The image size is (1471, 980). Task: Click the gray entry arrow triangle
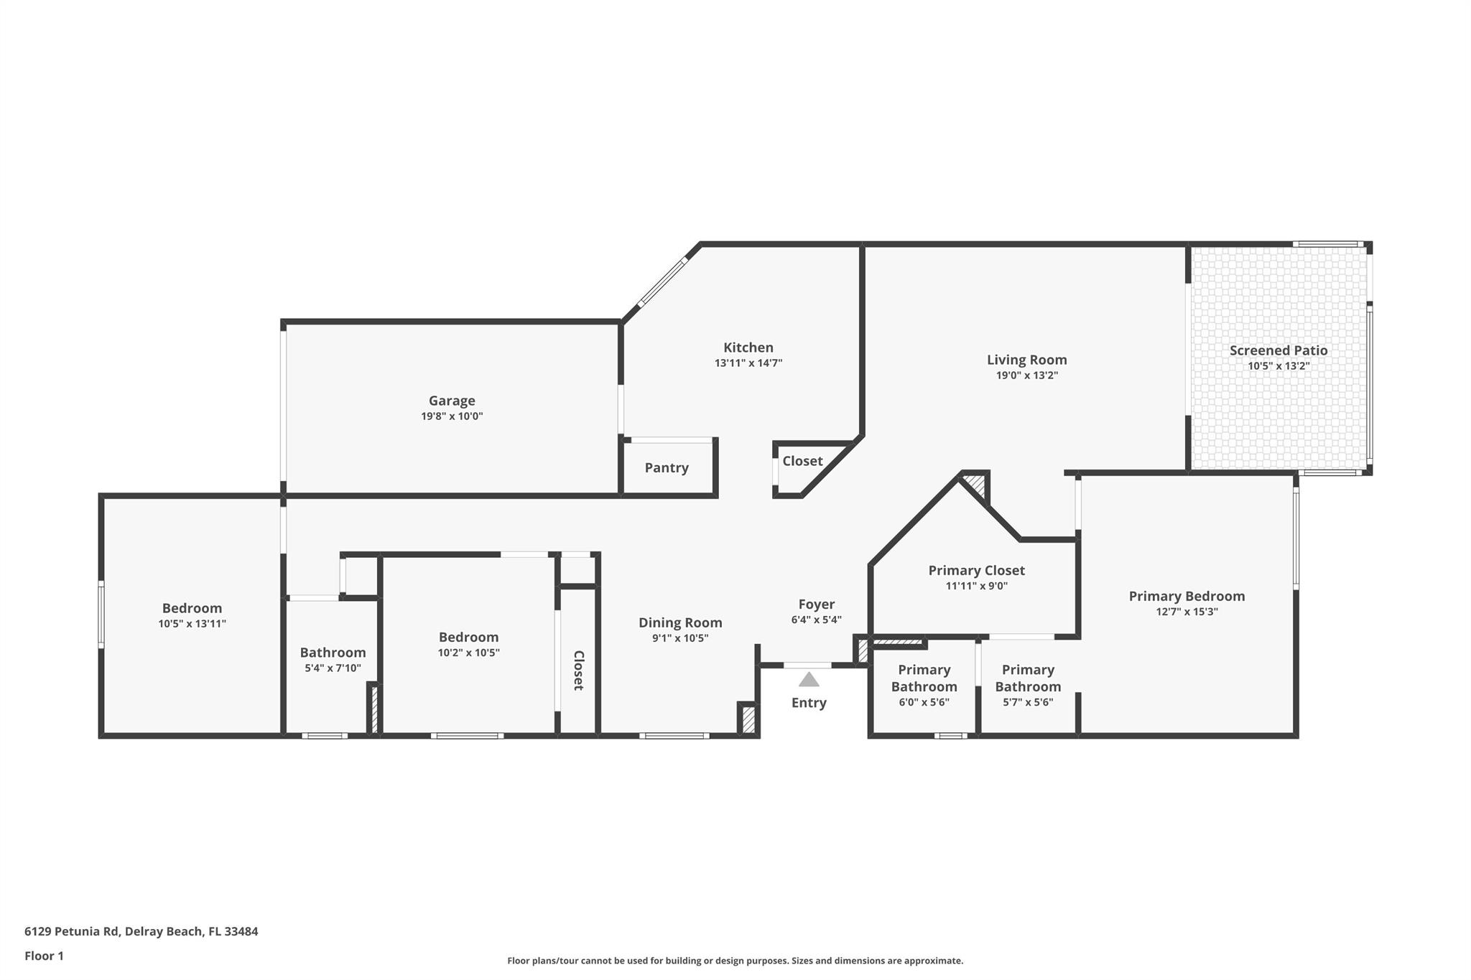(x=809, y=679)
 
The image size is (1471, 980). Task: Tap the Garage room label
(x=452, y=401)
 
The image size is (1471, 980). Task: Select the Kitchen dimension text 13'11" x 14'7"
(x=748, y=363)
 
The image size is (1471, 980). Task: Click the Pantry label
(x=666, y=468)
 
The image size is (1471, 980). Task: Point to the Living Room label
(x=1026, y=360)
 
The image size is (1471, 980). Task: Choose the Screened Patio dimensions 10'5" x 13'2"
(x=1278, y=366)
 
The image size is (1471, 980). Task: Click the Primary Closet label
(x=976, y=570)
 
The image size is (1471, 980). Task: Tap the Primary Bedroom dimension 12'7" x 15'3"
(x=1186, y=612)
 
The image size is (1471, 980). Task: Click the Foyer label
(x=816, y=605)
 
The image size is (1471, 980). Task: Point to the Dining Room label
(x=679, y=622)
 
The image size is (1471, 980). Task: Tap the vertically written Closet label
(x=578, y=670)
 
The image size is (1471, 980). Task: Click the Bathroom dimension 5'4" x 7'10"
(x=333, y=668)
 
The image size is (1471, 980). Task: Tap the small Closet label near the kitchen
(x=802, y=461)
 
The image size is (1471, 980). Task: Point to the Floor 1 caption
(x=44, y=956)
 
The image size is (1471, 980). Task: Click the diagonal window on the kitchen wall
(x=662, y=283)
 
